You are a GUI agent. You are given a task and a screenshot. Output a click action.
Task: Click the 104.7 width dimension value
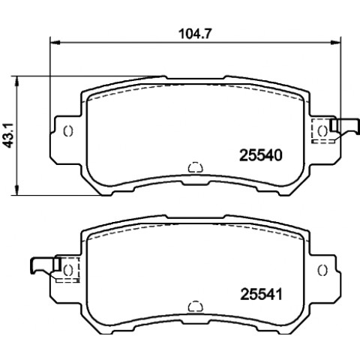pyautogui.click(x=195, y=34)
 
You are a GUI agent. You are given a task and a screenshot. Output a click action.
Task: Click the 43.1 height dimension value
pyautogui.click(x=9, y=136)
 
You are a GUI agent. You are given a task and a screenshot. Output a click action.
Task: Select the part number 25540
pyautogui.click(x=261, y=155)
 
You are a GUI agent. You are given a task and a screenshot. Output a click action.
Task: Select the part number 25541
pyautogui.click(x=261, y=294)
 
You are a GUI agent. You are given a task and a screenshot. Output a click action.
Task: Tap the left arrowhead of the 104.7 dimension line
pyautogui.click(x=55, y=43)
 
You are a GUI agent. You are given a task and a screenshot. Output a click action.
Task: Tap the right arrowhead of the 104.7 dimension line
pyautogui.click(x=336, y=43)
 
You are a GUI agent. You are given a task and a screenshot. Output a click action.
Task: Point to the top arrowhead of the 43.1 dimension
pyautogui.click(x=16, y=81)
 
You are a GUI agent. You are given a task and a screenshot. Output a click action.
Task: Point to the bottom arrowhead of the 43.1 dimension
pyautogui.click(x=16, y=190)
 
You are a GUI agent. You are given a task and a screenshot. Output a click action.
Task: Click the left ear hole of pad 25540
pyautogui.click(x=68, y=130)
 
